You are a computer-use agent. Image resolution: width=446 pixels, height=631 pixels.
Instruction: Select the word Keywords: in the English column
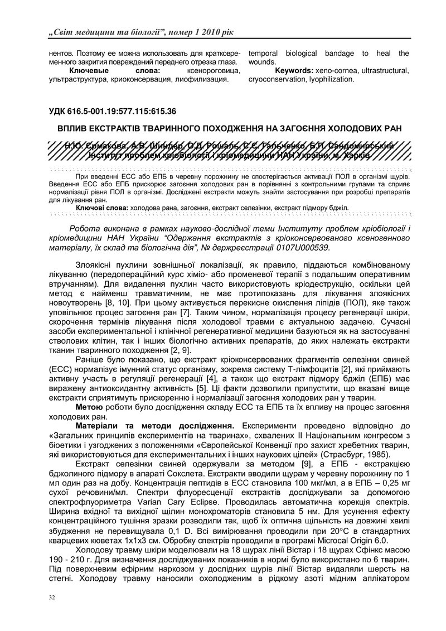pos(294,71)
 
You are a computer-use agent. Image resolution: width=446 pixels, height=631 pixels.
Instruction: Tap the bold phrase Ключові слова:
pos(101,207)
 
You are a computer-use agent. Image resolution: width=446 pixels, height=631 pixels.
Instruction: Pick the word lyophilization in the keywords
pos(329,80)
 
